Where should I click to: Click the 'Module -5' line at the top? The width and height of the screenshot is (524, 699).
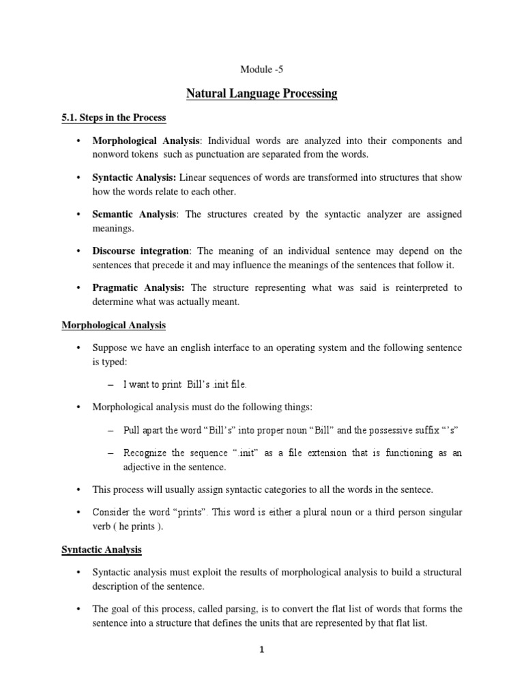(261, 69)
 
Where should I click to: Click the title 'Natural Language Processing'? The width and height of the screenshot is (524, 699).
(261, 94)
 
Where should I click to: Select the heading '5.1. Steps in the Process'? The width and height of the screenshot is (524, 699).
(113, 117)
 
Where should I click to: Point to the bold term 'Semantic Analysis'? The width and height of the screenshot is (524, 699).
(134, 214)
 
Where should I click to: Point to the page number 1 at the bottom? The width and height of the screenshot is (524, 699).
(262, 669)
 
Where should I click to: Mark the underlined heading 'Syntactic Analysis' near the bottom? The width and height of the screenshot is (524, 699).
(101, 549)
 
